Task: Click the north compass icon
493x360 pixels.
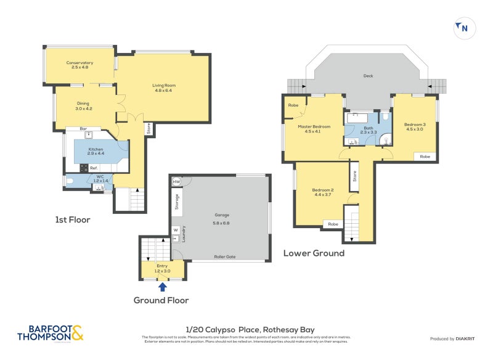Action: coord(462,27)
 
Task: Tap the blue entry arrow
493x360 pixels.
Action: coord(162,286)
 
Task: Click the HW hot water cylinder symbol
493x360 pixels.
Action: coord(176,182)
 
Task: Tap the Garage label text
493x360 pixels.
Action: coord(221,217)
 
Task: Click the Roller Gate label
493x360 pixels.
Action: coord(225,257)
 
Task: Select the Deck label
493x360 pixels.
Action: coord(369,76)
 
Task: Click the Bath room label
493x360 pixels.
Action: coord(367,129)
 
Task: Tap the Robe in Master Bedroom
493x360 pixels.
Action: coord(293,105)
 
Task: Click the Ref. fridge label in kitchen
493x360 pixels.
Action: coord(94,168)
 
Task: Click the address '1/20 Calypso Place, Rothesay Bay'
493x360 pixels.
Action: coord(250,330)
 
